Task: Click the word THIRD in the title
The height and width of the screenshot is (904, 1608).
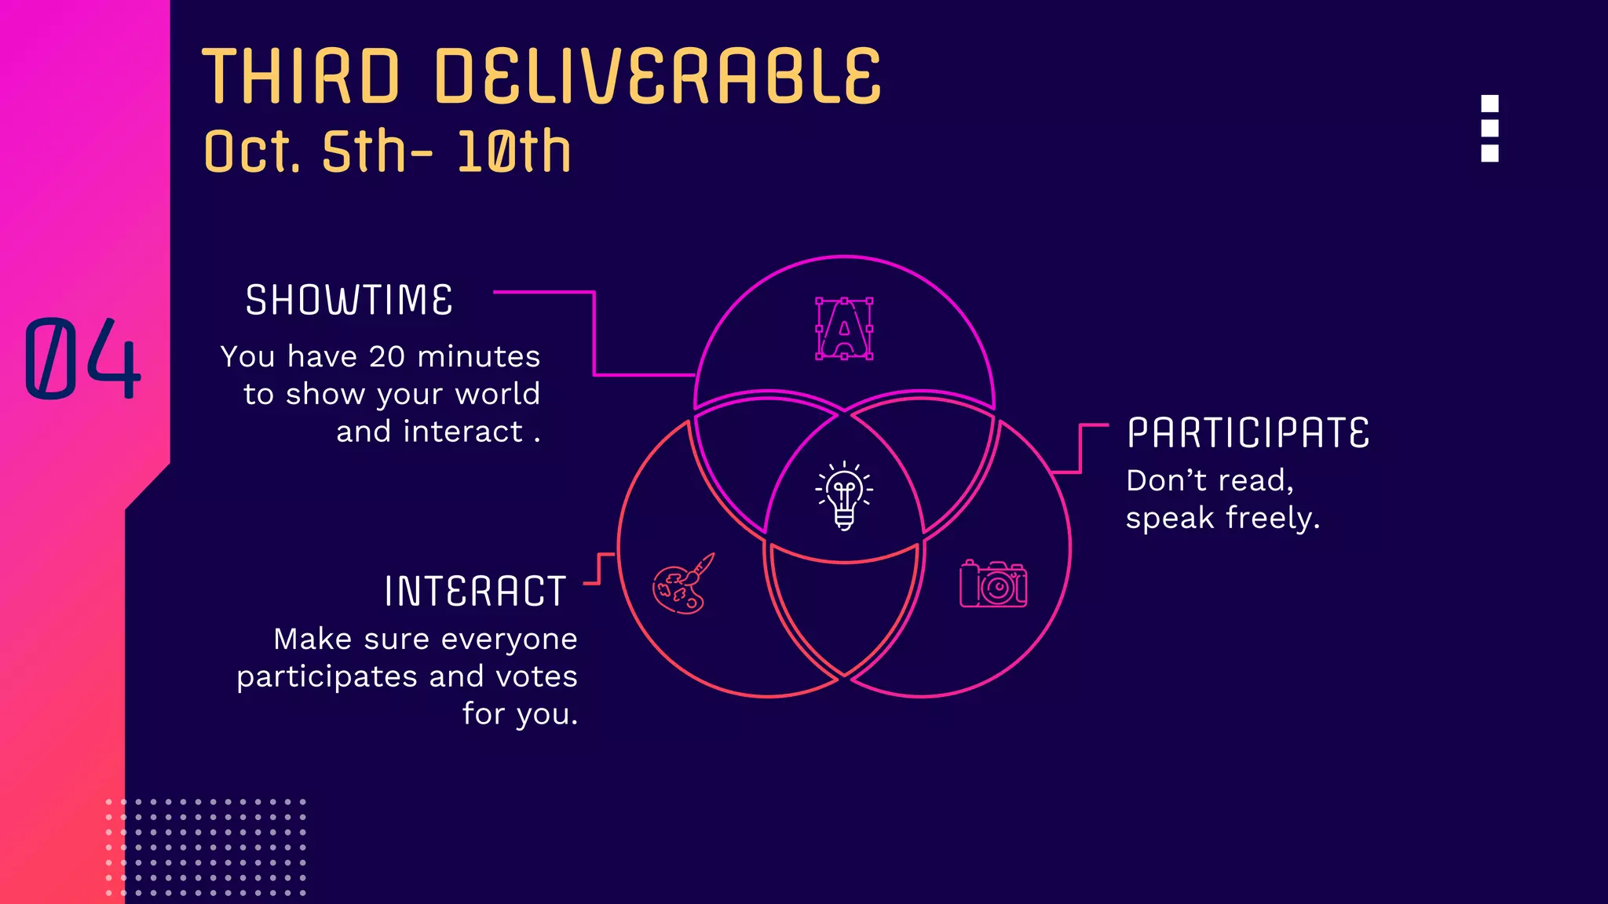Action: click(301, 76)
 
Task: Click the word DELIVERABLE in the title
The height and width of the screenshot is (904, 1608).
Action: click(658, 76)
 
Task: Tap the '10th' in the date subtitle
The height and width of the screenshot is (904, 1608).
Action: click(514, 151)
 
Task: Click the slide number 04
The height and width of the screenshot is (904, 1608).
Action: click(82, 359)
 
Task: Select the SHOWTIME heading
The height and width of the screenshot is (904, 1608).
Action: click(349, 301)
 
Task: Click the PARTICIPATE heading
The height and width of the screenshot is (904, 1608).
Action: click(1248, 433)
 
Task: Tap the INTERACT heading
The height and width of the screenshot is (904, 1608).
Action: click(475, 592)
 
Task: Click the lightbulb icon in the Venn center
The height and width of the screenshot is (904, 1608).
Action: click(844, 495)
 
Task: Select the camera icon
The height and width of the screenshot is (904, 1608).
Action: click(993, 584)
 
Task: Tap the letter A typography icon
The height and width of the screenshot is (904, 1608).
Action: click(844, 329)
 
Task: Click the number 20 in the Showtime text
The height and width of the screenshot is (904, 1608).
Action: click(387, 357)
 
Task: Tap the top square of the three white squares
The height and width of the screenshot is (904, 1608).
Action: click(1489, 104)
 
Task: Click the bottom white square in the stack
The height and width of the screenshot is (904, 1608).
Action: click(1489, 153)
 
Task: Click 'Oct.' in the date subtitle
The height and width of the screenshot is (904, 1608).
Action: click(252, 151)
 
